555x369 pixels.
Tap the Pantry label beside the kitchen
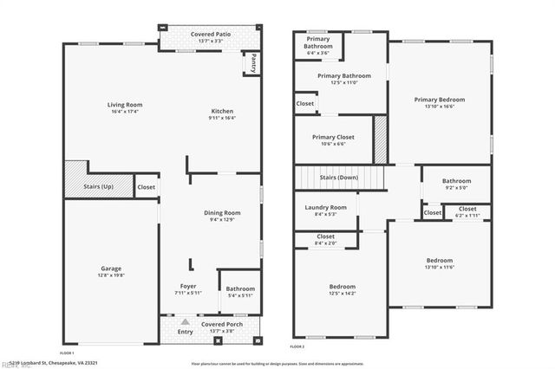pyautogui.click(x=253, y=63)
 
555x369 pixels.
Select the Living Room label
pyautogui.click(x=125, y=105)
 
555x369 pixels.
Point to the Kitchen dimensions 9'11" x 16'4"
pyautogui.click(x=223, y=119)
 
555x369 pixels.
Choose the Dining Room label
pyautogui.click(x=222, y=212)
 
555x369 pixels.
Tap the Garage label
pyautogui.click(x=111, y=269)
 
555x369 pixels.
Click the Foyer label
pyautogui.click(x=188, y=286)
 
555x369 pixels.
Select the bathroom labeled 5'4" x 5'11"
pyautogui.click(x=240, y=293)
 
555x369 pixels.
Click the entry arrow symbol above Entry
pyautogui.click(x=185, y=322)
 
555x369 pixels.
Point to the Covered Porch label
pyautogui.click(x=222, y=324)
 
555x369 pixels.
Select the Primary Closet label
pyautogui.click(x=333, y=137)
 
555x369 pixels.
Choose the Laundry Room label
pyautogui.click(x=326, y=207)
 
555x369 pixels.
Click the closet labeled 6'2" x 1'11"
pyautogui.click(x=467, y=211)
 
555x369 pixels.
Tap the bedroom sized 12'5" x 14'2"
pyautogui.click(x=342, y=290)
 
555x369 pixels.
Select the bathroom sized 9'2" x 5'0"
pyautogui.click(x=455, y=184)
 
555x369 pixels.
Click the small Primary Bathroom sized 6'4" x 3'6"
pyautogui.click(x=318, y=44)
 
